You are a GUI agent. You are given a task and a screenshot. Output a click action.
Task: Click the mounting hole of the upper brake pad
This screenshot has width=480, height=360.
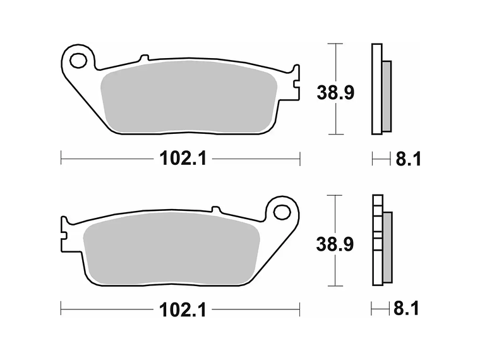click(78, 61)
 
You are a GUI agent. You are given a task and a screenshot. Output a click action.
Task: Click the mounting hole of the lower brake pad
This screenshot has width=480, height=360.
click(281, 212)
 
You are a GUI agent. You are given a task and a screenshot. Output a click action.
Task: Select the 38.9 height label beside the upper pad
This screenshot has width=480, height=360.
click(335, 93)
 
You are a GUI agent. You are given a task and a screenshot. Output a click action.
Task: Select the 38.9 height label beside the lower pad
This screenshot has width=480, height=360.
click(335, 244)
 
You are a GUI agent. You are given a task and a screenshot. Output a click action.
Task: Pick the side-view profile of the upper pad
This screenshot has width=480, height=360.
click(378, 89)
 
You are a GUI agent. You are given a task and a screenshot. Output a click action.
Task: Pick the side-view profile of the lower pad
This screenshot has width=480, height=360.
click(378, 240)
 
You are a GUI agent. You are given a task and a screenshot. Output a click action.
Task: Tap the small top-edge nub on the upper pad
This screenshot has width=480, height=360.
click(143, 57)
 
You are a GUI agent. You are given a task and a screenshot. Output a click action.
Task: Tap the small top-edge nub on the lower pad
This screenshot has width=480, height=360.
click(215, 209)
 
